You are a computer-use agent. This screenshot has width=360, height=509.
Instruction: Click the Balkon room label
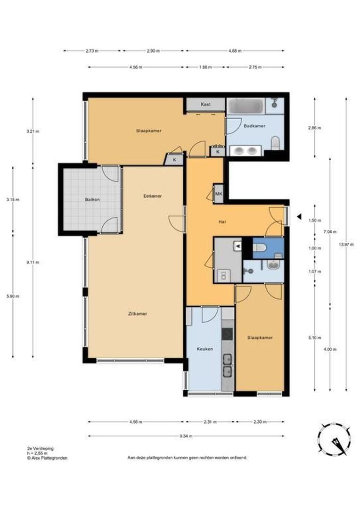point(92,200)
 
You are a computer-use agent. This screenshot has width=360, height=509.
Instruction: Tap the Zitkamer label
point(138,314)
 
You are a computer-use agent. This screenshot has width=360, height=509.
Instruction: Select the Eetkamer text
point(153,196)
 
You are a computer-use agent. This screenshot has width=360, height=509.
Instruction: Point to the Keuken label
point(205,349)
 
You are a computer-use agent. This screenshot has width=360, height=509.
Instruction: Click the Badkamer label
point(254,126)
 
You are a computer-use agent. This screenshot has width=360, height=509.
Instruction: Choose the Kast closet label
point(205,104)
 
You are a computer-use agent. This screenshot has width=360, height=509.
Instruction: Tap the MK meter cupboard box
point(219,194)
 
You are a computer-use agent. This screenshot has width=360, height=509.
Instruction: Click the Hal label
point(222,222)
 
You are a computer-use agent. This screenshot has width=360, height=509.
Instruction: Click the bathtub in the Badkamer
point(245,106)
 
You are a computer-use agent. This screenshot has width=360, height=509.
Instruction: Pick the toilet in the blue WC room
point(259,248)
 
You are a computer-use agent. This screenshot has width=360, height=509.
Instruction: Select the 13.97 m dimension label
point(346,245)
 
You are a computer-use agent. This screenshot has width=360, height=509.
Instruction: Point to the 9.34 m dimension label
point(186,436)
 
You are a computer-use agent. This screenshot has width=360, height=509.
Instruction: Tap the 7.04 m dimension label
point(330,232)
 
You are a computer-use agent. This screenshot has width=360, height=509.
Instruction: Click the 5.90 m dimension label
point(13,296)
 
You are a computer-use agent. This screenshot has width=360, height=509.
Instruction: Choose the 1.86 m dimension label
point(205,67)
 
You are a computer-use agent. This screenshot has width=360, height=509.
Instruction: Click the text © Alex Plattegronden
point(48,458)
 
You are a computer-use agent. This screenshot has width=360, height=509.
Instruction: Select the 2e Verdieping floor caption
point(41,448)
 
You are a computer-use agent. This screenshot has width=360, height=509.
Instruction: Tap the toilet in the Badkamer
point(275,143)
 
